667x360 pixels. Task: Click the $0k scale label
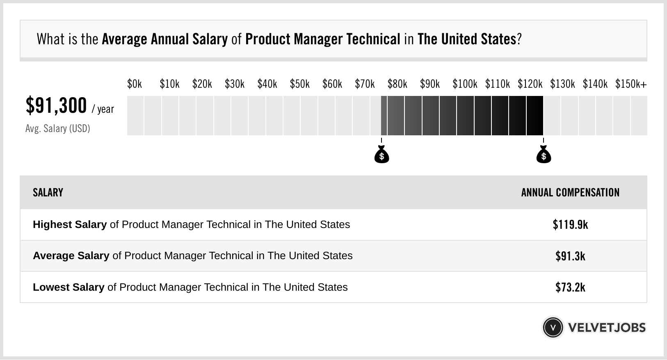pyautogui.click(x=135, y=84)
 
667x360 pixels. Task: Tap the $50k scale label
pyautogui.click(x=299, y=84)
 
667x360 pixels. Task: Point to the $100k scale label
pyautogui.click(x=465, y=84)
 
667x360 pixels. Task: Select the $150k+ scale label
pyautogui.click(x=631, y=84)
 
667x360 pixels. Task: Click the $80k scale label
pyautogui.click(x=397, y=84)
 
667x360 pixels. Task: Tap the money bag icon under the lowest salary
pyautogui.click(x=381, y=155)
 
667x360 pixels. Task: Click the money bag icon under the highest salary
pyautogui.click(x=544, y=155)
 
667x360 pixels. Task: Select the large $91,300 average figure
pyautogui.click(x=56, y=105)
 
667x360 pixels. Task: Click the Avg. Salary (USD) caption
pyautogui.click(x=57, y=129)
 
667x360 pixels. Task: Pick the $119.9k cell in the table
pyautogui.click(x=570, y=225)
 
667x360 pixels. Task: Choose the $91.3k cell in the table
pyautogui.click(x=570, y=256)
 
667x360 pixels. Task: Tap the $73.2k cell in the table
pyautogui.click(x=570, y=287)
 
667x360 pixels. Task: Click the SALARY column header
pyautogui.click(x=48, y=193)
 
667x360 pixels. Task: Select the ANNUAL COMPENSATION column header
pyautogui.click(x=570, y=193)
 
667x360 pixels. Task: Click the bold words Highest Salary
pyautogui.click(x=70, y=225)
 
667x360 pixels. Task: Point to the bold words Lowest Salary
pyautogui.click(x=69, y=287)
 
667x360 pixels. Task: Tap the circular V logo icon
pyautogui.click(x=553, y=328)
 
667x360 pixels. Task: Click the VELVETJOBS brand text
pyautogui.click(x=607, y=328)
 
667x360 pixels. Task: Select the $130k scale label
pyautogui.click(x=562, y=84)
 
